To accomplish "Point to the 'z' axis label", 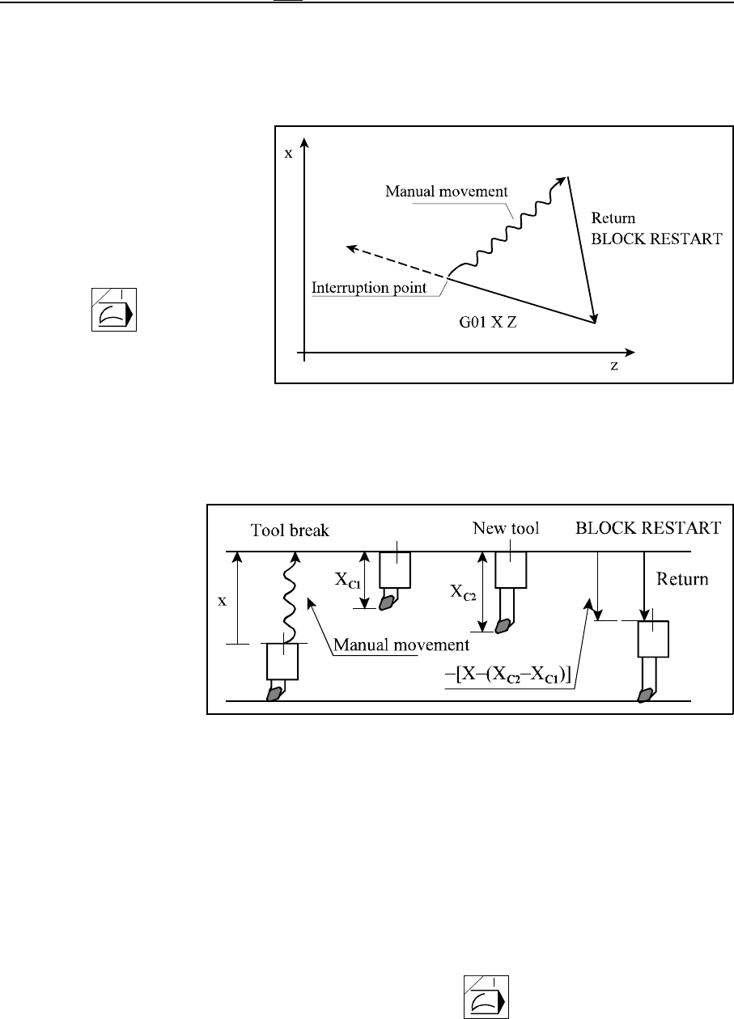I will coord(615,366).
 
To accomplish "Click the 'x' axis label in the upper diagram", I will coord(288,152).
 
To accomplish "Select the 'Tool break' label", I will coord(278,530).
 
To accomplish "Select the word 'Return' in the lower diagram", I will coord(683,579).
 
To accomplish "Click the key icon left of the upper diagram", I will coord(113,309).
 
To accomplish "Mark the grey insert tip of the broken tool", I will coord(277,693).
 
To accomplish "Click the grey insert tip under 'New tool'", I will coord(505,625).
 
